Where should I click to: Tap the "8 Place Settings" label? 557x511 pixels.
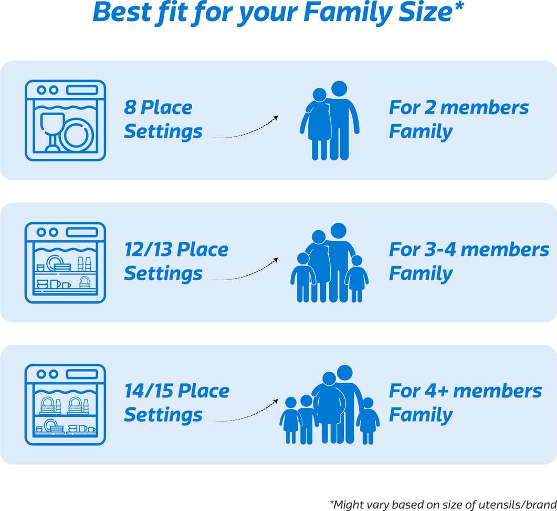[x=163, y=119]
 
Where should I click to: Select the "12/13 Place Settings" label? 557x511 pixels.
[x=176, y=261]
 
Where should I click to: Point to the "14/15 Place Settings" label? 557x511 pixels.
[x=176, y=403]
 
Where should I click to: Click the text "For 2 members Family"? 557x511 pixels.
[x=458, y=119]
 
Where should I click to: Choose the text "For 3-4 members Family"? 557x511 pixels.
[x=468, y=261]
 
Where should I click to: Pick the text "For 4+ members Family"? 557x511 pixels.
[x=465, y=403]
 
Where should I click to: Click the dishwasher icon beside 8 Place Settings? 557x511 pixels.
[x=65, y=120]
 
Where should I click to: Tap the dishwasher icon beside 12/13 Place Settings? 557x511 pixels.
[x=65, y=262]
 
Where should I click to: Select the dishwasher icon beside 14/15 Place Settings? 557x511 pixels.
[x=65, y=404]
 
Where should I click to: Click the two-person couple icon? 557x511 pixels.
[x=330, y=120]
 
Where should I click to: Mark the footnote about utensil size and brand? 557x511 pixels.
[x=442, y=504]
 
